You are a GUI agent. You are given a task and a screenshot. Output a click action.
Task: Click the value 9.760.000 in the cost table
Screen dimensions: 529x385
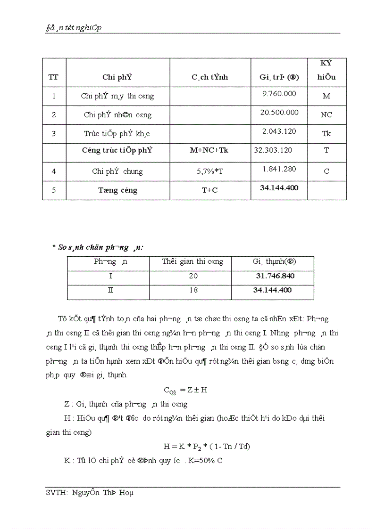pos(279,94)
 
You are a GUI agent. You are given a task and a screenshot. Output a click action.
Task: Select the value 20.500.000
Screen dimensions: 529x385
pos(279,113)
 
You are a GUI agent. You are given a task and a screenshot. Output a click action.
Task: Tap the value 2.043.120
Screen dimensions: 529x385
pos(279,131)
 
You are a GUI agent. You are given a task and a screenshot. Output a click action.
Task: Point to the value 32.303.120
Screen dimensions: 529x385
pos(273,150)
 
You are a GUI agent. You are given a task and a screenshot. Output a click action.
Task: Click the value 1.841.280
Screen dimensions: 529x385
pos(279,169)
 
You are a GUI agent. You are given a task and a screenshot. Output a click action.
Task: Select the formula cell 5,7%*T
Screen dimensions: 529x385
pos(210,171)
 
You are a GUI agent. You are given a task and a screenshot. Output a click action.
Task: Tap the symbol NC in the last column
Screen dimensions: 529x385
pos(326,115)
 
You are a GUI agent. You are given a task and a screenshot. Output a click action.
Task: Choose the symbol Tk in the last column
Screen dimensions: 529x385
pos(326,134)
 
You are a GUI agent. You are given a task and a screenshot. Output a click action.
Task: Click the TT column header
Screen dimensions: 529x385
pos(54,77)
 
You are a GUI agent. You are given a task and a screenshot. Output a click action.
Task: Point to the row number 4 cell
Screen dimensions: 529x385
pos(54,171)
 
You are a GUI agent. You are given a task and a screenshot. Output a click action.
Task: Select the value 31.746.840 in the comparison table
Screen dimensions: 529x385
pos(274,276)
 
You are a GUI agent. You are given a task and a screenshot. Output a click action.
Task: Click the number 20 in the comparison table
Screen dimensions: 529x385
pos(193,276)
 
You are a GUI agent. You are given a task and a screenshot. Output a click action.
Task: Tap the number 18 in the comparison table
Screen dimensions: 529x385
pos(193,290)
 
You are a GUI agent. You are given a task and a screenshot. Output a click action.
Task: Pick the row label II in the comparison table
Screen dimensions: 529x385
pos(110,290)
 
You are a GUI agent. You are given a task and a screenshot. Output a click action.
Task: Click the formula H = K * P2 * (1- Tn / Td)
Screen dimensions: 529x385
pos(206,447)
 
